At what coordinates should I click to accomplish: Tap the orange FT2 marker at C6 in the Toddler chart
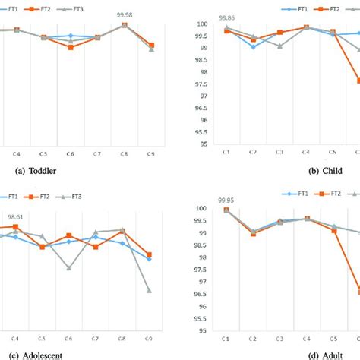(x=71, y=47)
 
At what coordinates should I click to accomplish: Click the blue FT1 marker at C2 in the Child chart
(x=253, y=46)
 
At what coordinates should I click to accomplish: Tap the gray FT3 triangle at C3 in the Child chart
(x=279, y=46)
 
